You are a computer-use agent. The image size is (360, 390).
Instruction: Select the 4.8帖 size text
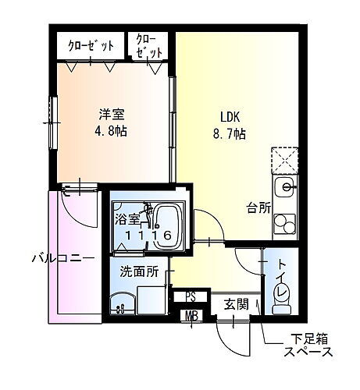[x=112, y=130]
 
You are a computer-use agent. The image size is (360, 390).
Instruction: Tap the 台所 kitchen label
[x=258, y=207]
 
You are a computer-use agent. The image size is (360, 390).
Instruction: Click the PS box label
[x=191, y=296]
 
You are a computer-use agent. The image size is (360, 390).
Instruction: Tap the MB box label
[x=191, y=316]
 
